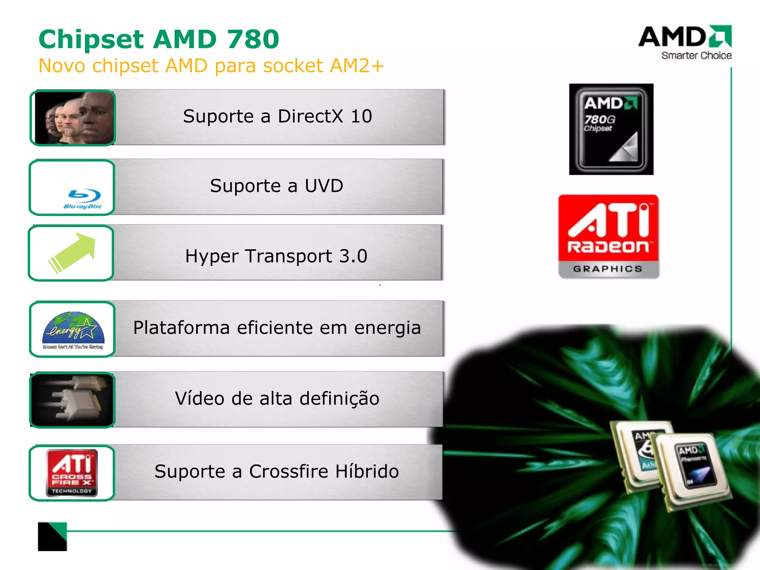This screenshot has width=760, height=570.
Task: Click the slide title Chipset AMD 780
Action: [x=159, y=39]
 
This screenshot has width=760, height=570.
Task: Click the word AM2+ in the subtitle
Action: [x=357, y=66]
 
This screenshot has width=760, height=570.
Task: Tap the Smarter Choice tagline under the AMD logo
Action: [x=696, y=56]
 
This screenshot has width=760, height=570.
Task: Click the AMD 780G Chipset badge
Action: [x=611, y=129]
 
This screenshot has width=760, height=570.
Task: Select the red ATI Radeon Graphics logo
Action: [x=609, y=236]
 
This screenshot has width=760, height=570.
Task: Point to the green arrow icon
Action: [x=73, y=252]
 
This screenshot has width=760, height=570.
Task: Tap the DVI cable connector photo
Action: [x=73, y=400]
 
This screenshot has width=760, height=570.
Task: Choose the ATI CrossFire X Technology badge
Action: [x=72, y=473]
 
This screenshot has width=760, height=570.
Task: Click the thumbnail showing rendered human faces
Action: [x=73, y=118]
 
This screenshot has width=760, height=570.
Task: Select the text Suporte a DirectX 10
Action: [x=277, y=116]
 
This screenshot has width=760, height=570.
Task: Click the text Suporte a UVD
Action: [x=276, y=186]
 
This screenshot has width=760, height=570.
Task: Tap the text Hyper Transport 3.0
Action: [x=276, y=256]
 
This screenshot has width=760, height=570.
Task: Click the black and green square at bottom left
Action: [x=52, y=536]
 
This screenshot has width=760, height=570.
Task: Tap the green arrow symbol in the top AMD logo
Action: [x=720, y=36]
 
